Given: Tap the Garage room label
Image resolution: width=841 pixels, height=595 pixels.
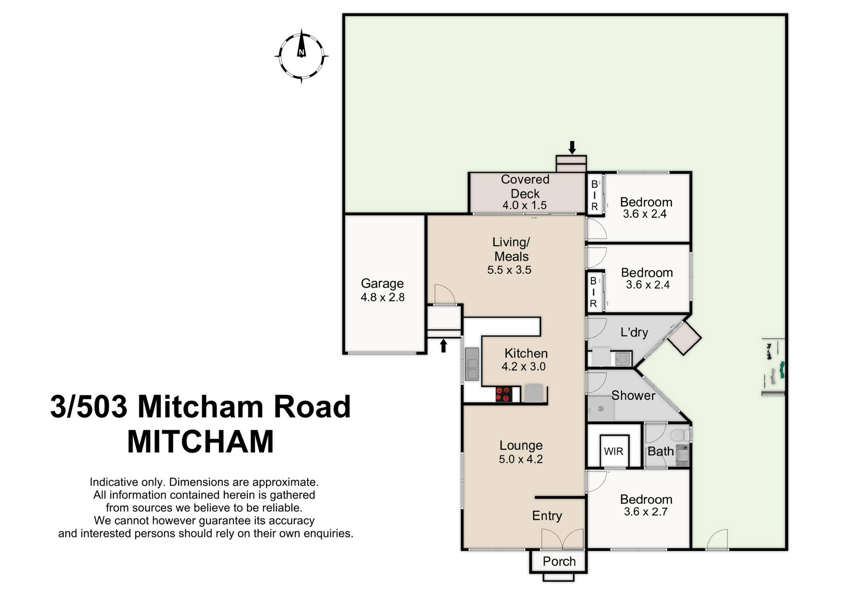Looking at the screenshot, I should point(382,283).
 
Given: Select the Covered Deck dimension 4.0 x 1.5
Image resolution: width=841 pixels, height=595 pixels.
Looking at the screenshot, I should point(524,205).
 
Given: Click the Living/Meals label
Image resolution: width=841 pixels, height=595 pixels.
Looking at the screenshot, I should point(511,249).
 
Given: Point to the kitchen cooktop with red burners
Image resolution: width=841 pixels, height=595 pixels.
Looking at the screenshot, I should point(504,394).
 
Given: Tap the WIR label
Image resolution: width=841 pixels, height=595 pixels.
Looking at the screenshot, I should point(613,451).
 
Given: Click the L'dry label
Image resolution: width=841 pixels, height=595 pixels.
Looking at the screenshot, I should point(634,332).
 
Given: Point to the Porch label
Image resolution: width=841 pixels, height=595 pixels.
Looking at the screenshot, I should point(559,561).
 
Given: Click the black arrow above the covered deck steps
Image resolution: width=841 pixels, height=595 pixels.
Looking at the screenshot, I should point(572,147).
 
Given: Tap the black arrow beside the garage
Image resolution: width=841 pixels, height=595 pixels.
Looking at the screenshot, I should point(443,346).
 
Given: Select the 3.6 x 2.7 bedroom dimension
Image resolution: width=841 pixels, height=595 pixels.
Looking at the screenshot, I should point(646,512).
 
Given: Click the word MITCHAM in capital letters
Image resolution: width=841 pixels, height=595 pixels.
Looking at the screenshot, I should point(201,442).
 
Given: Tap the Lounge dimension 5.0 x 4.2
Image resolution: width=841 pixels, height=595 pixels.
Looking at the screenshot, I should point(520,459).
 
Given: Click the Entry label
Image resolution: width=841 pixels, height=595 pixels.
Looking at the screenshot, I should point(547,516).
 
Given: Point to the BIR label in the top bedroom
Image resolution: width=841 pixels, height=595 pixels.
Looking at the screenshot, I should point(594,195).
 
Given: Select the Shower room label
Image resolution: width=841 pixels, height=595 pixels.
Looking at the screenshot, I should point(633,396).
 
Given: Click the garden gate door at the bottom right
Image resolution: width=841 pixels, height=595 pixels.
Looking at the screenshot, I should point(717,540).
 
